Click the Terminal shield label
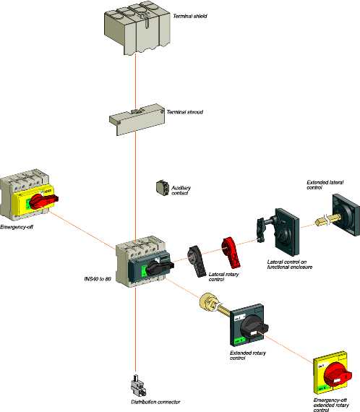[190, 16]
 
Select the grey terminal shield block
[137, 28]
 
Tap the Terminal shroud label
[185, 112]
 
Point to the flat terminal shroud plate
[137, 120]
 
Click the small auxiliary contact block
[162, 188]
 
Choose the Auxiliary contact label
[181, 191]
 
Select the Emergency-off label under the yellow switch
[17, 227]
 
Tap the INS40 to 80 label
[98, 279]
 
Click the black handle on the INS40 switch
[160, 267]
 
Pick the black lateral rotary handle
[197, 261]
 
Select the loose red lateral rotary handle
[231, 252]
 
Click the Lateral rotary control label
[223, 277]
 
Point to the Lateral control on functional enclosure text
[290, 265]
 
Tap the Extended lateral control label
[325, 185]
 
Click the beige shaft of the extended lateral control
[327, 220]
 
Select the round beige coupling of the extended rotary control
[208, 301]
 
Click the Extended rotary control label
[248, 356]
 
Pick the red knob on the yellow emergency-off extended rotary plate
[338, 374]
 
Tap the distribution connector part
[137, 385]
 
